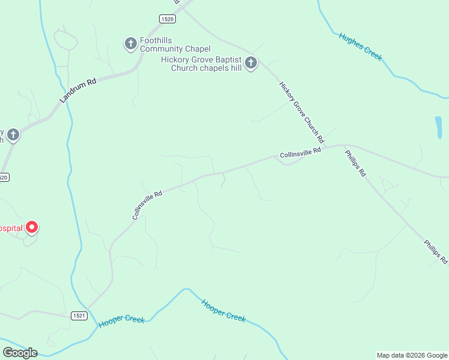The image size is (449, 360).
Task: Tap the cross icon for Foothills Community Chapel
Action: (x=130, y=43)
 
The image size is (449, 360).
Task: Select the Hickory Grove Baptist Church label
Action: (x=201, y=64)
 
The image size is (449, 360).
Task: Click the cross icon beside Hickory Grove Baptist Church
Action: (x=251, y=62)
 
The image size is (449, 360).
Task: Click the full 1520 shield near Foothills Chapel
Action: (x=168, y=19)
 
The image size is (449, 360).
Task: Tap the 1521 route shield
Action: (x=79, y=315)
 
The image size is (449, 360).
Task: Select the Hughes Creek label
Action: (x=360, y=46)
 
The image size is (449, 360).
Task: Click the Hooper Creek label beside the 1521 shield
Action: (x=122, y=320)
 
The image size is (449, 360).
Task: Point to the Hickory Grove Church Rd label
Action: (x=301, y=112)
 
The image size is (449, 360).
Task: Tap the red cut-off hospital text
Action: (x=11, y=228)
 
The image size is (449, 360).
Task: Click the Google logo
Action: (x=20, y=353)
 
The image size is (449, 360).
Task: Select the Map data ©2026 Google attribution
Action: (x=412, y=355)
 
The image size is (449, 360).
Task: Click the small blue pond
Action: (x=438, y=127)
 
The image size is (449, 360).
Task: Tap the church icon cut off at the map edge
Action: (x=13, y=134)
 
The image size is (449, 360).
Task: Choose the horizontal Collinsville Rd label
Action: (x=300, y=154)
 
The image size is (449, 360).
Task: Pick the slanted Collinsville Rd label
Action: (x=147, y=205)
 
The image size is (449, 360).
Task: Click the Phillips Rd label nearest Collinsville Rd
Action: (x=355, y=163)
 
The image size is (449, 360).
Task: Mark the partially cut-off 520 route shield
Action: (x=4, y=177)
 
